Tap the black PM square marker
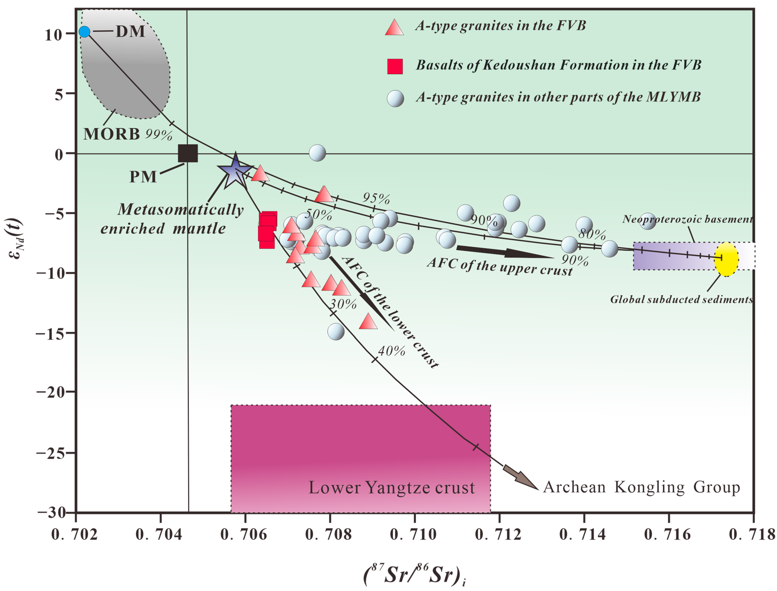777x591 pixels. (188, 153)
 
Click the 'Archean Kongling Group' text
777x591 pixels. (641, 487)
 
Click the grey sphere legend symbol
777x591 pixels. (395, 98)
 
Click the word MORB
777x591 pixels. (111, 134)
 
